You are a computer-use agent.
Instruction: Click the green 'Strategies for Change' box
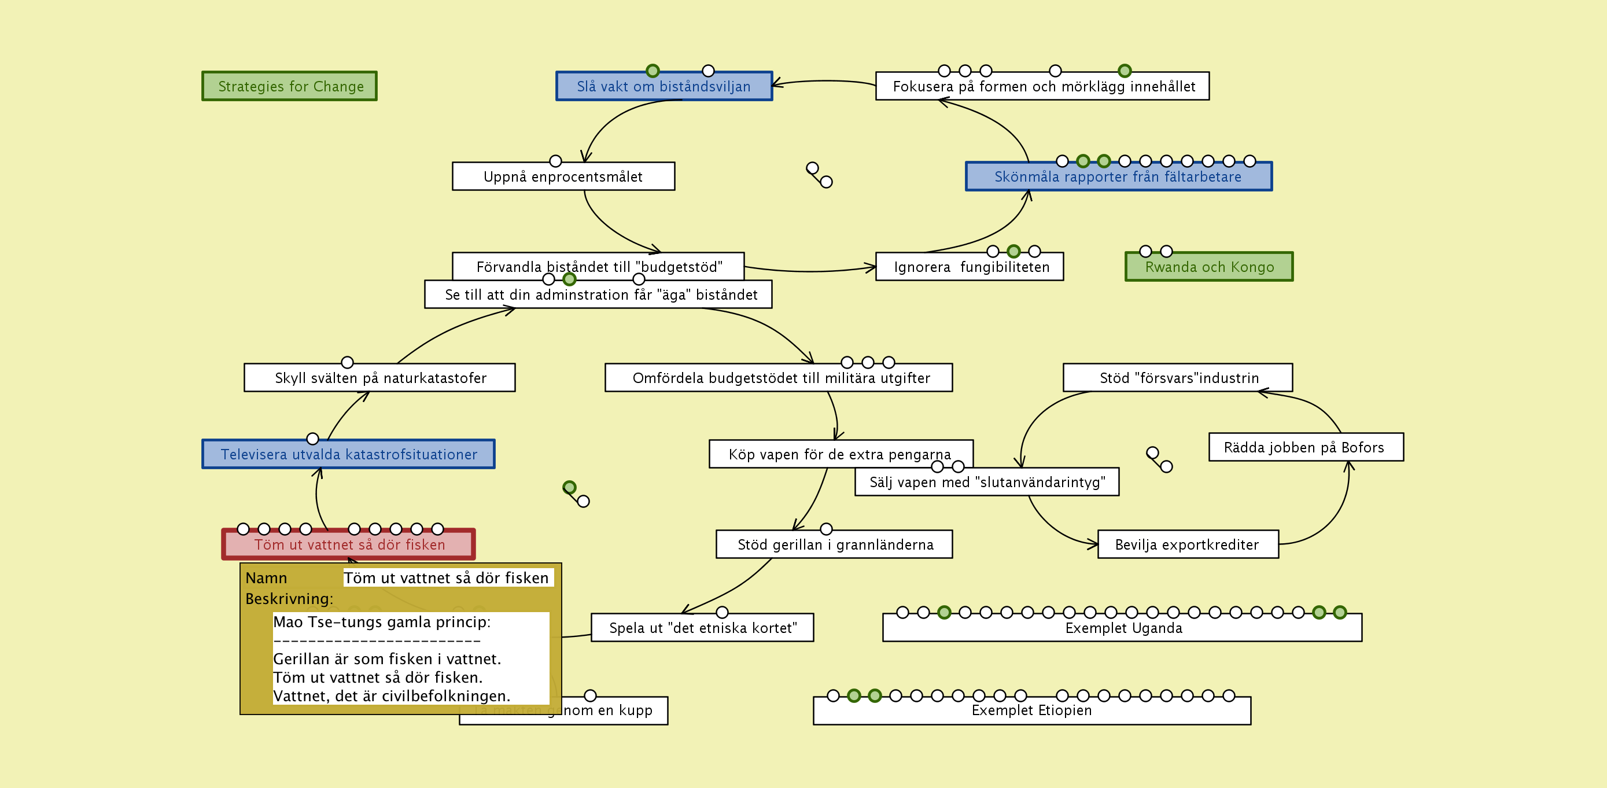point(289,86)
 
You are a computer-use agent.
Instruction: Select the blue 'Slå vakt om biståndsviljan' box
point(664,86)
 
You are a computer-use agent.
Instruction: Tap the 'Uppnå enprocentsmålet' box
point(563,176)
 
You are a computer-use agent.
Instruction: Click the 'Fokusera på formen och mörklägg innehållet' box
point(1042,86)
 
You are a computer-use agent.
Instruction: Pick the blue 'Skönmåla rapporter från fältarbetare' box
point(1118,176)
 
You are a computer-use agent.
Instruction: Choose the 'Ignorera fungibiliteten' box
point(971,267)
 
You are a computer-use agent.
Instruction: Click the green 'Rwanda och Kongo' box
point(1209,267)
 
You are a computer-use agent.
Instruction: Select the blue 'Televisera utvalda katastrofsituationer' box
point(348,454)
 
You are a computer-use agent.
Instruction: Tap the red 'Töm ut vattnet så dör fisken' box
point(349,544)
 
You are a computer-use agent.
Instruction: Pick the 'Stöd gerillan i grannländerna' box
point(835,544)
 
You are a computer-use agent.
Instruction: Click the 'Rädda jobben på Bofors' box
point(1305,447)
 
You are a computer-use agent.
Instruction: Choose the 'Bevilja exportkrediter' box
point(1187,544)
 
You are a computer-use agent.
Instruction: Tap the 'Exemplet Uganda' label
point(1123,628)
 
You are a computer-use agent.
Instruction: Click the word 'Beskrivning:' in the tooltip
point(289,599)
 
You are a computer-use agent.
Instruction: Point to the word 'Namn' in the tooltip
point(266,579)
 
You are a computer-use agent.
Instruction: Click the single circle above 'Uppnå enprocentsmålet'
point(555,161)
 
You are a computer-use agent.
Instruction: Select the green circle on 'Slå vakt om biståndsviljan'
point(653,71)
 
